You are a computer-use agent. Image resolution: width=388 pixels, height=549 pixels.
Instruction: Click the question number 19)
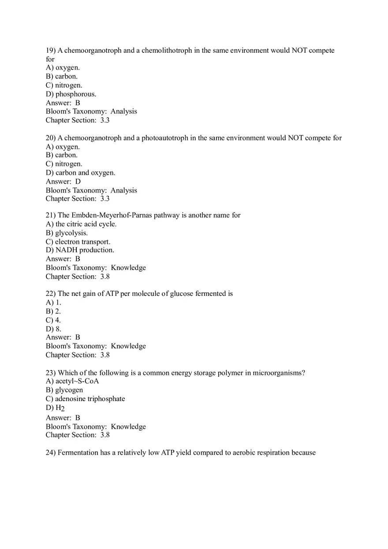pos(51,51)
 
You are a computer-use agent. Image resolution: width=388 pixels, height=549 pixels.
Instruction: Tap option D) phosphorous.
pos(71,94)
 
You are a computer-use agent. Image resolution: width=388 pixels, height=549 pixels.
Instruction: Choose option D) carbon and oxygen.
pos(80,173)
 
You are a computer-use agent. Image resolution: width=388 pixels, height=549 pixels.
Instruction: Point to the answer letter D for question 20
pos(78,181)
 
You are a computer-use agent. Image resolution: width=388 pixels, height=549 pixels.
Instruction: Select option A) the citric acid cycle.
pos(81,224)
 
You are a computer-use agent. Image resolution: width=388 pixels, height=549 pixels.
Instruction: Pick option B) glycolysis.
pos(67,233)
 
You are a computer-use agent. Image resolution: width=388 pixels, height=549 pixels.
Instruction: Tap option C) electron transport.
pos(78,242)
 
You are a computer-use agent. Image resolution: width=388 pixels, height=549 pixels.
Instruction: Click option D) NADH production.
pos(80,250)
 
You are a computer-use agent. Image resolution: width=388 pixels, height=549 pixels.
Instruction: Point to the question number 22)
pos(51,294)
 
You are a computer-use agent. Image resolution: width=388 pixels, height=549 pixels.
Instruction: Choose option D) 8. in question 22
pos(53,329)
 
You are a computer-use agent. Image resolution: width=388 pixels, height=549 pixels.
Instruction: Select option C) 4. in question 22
pos(53,320)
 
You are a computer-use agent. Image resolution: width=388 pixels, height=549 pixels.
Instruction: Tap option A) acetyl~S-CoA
pos(72,381)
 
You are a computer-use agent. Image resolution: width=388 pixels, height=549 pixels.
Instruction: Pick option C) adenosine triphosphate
pos(85,399)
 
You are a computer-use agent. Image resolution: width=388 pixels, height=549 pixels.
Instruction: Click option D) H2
pos(55,408)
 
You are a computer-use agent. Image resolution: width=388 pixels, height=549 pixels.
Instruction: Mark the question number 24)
pos(51,453)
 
